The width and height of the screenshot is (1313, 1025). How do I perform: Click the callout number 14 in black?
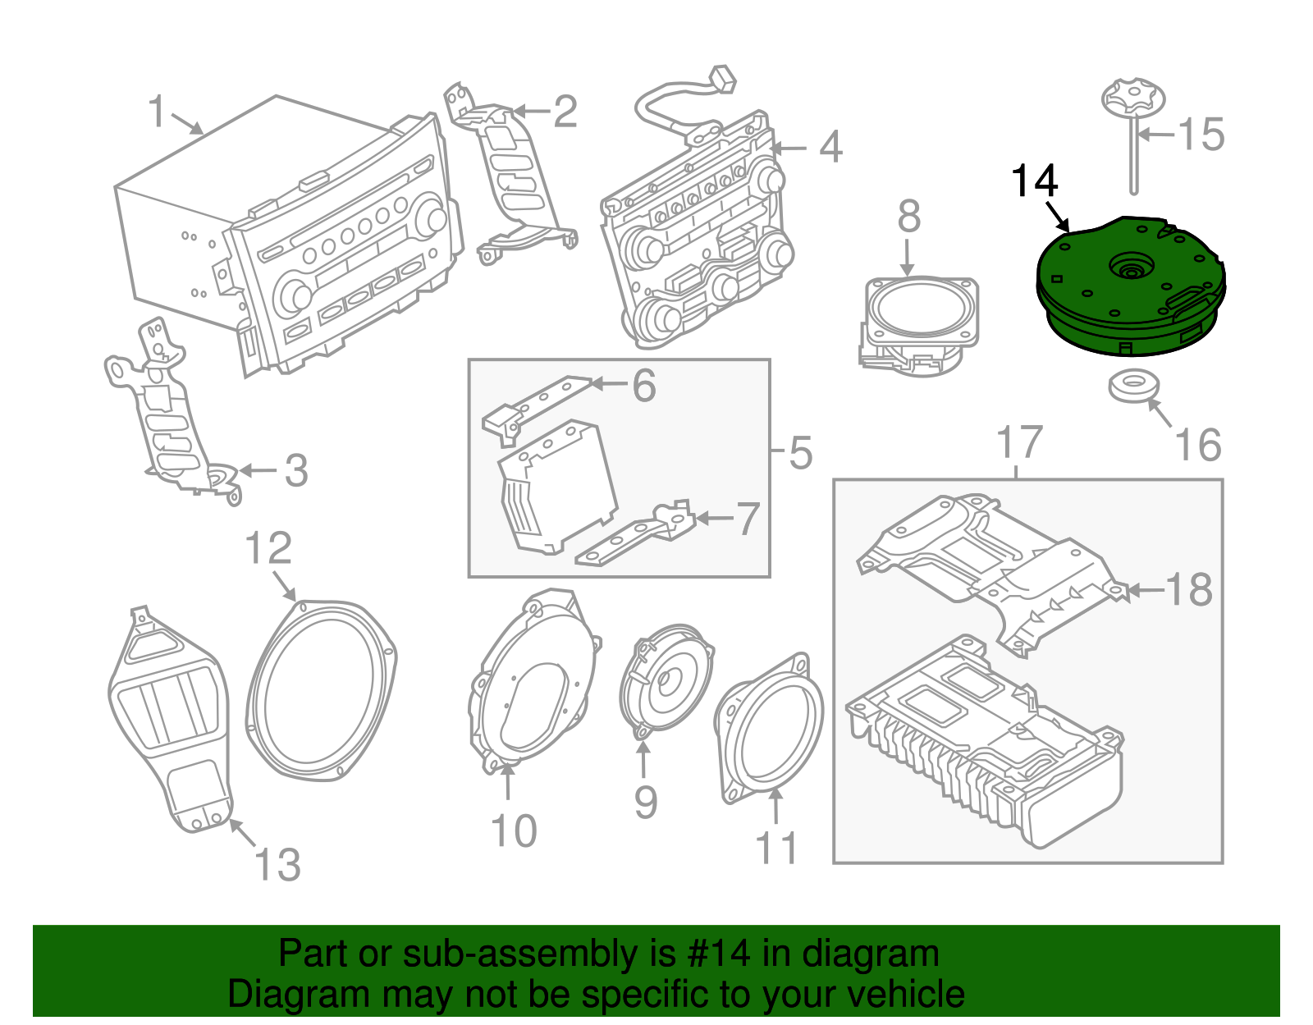coord(1034,181)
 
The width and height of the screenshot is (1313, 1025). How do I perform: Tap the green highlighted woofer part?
coord(1131,287)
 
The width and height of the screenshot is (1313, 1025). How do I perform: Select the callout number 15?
coord(1201,135)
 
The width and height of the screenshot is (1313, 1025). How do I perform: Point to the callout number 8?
coord(908,217)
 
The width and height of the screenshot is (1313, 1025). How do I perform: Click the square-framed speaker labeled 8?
coord(921,316)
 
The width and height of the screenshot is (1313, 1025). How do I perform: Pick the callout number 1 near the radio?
coord(157,112)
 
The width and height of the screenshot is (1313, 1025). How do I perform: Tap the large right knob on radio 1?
coord(430,217)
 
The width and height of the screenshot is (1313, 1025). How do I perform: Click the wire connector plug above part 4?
coord(723,80)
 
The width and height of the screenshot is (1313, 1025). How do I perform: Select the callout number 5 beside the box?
coord(800,453)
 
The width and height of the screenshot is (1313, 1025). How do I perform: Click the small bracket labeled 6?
coord(538,402)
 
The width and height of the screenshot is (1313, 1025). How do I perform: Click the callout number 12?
coord(268,548)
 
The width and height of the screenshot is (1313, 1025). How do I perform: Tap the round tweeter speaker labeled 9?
coord(666,680)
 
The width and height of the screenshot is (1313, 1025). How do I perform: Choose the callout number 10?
coord(514,831)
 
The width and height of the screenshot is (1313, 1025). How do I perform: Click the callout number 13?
coord(277,865)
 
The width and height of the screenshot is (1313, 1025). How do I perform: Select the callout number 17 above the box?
coord(1019,442)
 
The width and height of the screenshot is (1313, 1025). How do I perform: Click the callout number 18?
coord(1188,590)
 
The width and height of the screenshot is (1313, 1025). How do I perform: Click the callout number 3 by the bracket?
coord(295,471)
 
